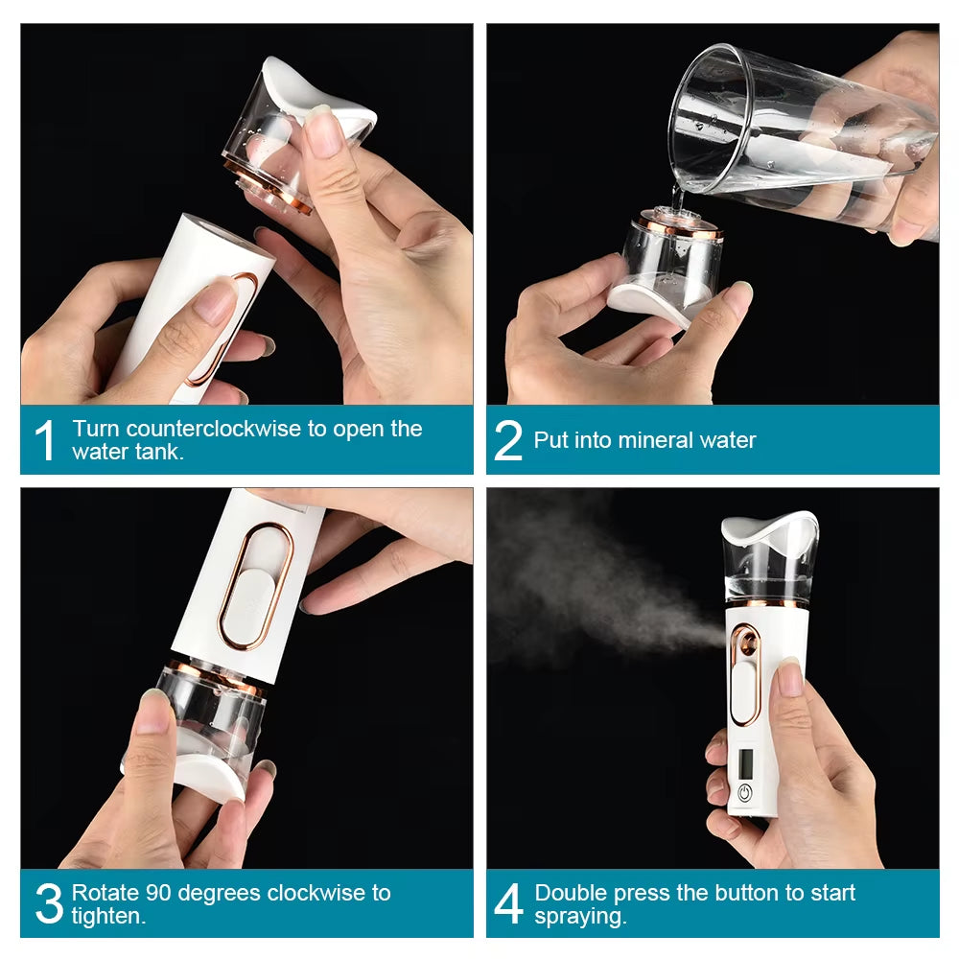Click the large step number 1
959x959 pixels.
click(45, 440)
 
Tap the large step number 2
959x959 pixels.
click(508, 440)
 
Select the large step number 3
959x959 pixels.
click(48, 904)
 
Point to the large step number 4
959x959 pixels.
click(508, 904)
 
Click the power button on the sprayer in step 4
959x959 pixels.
click(744, 793)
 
